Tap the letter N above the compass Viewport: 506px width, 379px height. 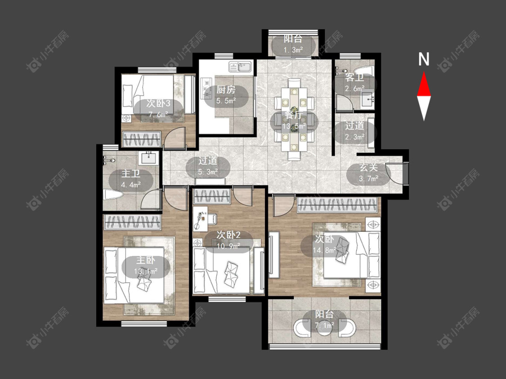point(424,59)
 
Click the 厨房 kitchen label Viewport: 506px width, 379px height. point(226,89)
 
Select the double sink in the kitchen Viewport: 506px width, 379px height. point(241,67)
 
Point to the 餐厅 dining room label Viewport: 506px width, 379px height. point(294,115)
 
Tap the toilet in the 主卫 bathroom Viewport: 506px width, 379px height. point(113,195)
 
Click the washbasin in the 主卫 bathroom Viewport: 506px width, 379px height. point(149,158)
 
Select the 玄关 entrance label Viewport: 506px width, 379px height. point(368,168)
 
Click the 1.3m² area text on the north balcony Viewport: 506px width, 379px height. point(293,49)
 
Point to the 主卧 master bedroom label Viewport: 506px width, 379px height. point(146,260)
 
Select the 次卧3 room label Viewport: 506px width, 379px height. point(158,103)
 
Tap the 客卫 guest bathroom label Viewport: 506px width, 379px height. point(354,78)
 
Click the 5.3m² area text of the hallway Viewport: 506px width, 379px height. point(208,172)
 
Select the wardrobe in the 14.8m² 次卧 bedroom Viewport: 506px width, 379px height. point(337,205)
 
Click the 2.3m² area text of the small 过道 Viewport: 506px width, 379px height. point(355,137)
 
